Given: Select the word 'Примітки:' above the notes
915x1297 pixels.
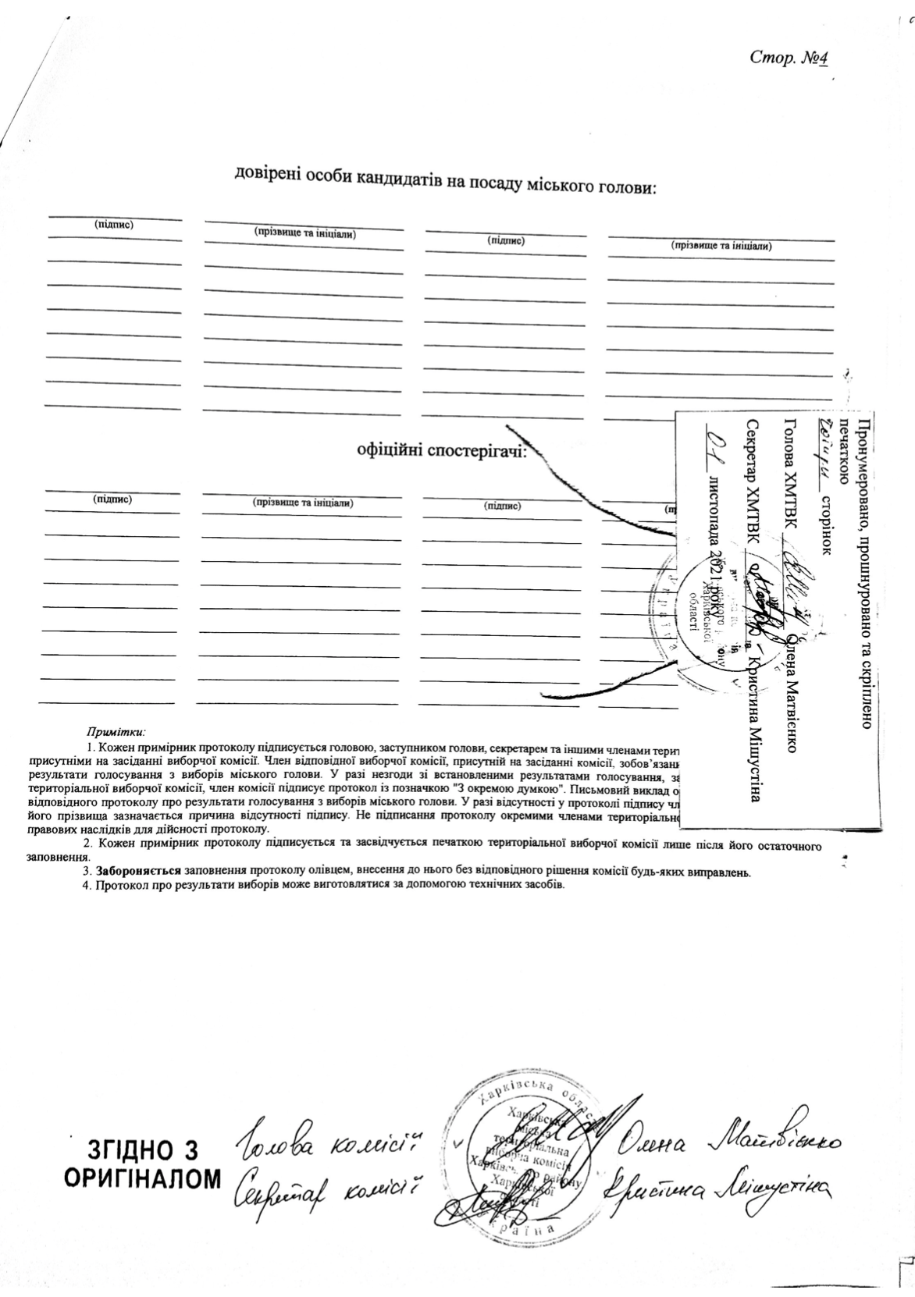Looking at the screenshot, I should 116,732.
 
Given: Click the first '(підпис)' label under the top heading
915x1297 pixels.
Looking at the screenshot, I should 114,225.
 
